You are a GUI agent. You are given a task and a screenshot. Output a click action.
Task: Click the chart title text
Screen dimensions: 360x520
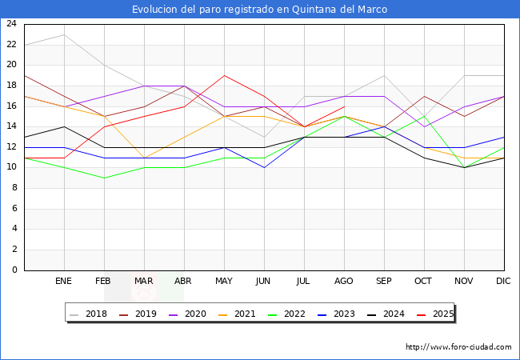(x=260, y=10)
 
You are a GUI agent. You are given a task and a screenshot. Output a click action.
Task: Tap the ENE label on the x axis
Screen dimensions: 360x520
(x=64, y=282)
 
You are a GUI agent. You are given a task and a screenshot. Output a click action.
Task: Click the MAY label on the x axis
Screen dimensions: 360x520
(x=224, y=282)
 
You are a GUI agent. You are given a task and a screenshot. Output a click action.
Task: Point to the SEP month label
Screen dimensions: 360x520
(x=384, y=282)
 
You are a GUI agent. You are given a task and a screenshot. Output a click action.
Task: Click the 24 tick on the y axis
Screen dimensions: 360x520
(x=11, y=24)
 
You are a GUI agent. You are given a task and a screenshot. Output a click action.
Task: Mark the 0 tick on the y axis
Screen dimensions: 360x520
(x=14, y=270)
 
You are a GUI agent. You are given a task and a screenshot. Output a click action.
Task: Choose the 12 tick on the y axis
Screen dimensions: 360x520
(x=11, y=147)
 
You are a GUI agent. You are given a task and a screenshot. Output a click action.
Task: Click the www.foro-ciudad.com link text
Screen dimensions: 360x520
(x=458, y=347)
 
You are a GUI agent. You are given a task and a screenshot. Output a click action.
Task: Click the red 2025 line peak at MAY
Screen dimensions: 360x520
(x=224, y=75)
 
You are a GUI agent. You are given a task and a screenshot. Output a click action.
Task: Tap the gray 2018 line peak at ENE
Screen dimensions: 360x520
(x=64, y=34)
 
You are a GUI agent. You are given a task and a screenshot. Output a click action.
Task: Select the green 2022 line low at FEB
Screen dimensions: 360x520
(x=104, y=178)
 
